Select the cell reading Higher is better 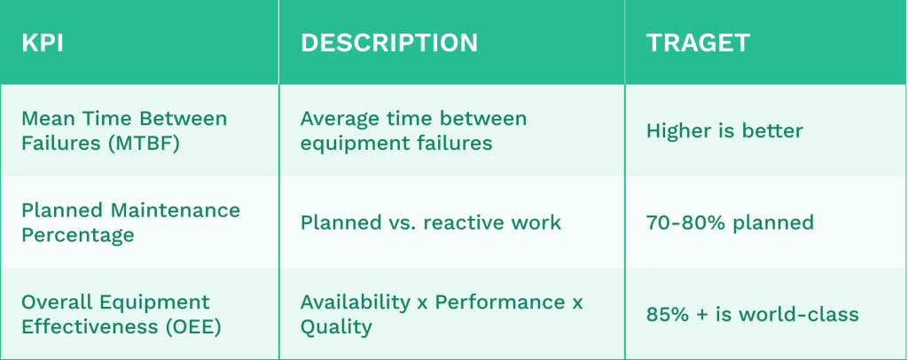(724, 131)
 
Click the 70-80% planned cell (730, 223)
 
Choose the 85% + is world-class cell (752, 314)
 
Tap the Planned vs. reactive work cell (430, 223)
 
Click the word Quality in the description (336, 327)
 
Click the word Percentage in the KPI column (77, 235)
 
